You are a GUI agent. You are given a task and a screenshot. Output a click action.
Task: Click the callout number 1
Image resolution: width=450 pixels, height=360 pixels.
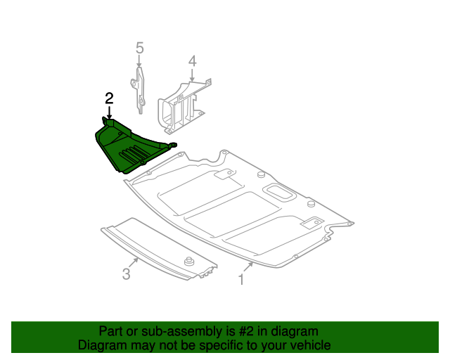[241, 280]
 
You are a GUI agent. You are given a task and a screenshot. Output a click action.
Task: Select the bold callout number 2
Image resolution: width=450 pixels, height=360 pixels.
[108, 98]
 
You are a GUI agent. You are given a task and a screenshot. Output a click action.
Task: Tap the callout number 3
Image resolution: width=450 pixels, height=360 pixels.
[126, 274]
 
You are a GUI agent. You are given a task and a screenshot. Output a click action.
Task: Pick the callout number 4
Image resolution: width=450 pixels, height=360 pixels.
[192, 63]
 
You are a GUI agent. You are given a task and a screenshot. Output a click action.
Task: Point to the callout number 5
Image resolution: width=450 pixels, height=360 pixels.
[139, 48]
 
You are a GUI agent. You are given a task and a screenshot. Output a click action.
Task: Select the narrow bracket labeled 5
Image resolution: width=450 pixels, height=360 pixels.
[140, 88]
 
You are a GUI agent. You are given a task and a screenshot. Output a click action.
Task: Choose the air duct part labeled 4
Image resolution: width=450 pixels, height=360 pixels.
[181, 105]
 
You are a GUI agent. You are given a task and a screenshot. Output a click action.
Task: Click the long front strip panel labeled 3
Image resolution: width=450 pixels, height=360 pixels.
[155, 250]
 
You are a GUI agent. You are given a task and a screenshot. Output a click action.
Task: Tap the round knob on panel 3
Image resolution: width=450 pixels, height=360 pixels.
[188, 262]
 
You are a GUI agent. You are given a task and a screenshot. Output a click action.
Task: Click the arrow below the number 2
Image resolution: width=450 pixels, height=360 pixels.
[108, 112]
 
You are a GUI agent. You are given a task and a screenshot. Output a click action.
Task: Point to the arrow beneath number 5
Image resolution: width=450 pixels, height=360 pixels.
[139, 62]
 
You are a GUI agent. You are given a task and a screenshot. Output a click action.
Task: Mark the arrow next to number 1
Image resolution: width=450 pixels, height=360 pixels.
[248, 268]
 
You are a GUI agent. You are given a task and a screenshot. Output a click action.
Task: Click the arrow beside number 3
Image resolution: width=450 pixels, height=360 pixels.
[133, 262]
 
